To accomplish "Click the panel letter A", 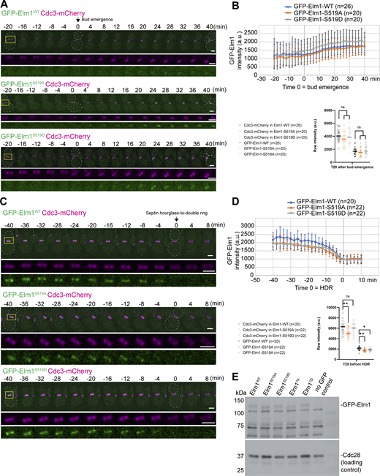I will [x=4, y=5].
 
